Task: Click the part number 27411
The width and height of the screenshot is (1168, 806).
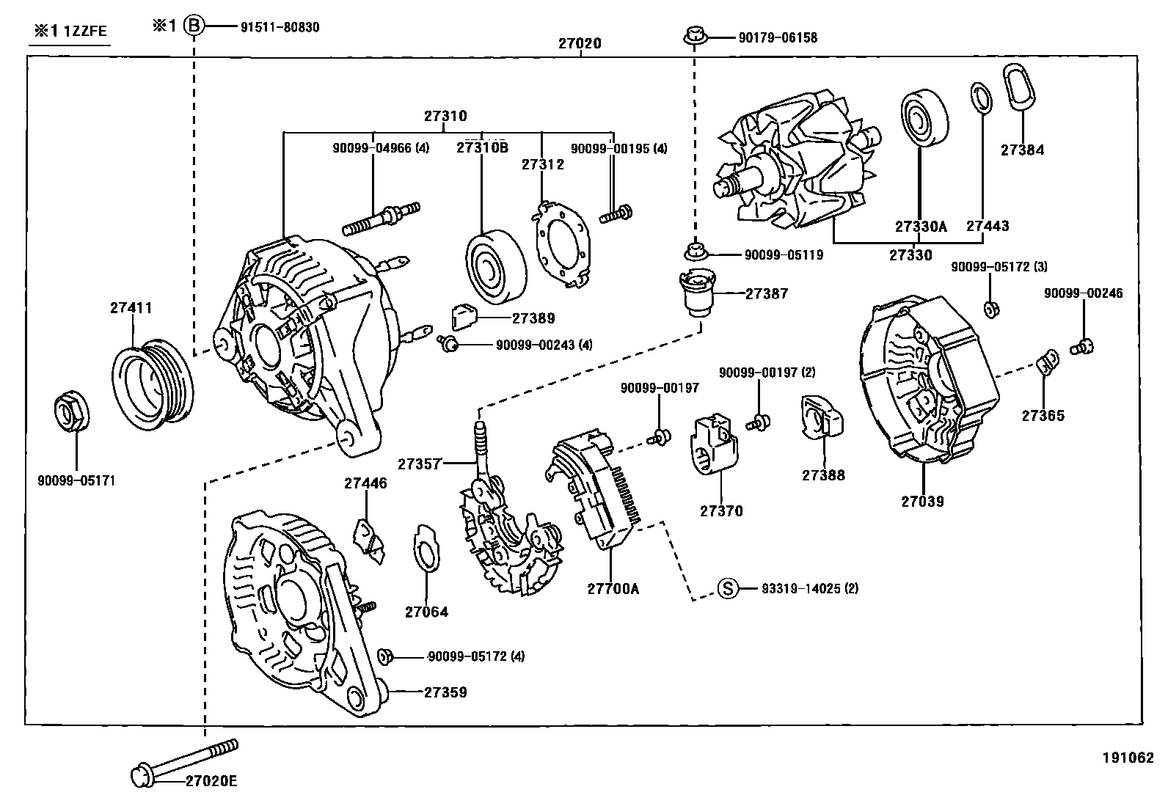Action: (x=131, y=308)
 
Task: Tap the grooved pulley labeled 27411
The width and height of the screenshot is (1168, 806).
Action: (x=153, y=382)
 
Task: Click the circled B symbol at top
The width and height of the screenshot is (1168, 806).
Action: (x=194, y=26)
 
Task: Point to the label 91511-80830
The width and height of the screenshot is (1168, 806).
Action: (x=280, y=27)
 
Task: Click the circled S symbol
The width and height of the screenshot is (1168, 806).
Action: (x=726, y=588)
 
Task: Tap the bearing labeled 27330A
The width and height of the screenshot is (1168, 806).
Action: (x=923, y=118)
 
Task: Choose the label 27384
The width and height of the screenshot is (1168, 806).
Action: (x=1022, y=150)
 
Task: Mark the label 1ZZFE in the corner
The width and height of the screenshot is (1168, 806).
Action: (x=86, y=32)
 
